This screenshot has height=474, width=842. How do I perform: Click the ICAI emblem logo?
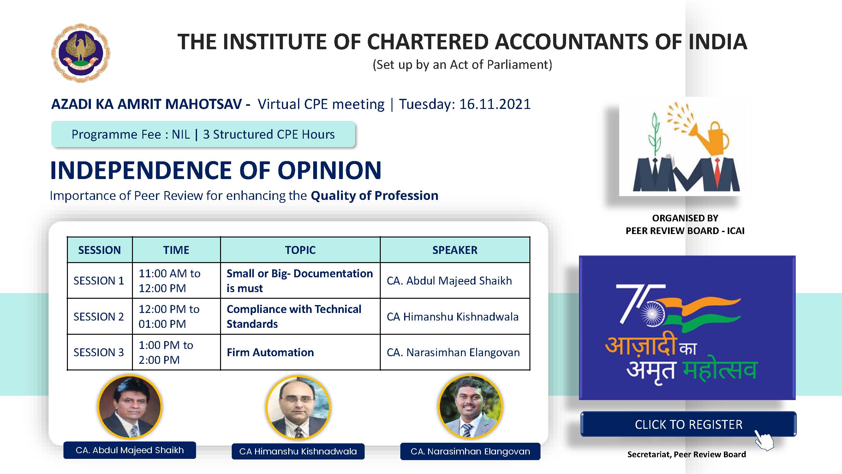click(x=81, y=53)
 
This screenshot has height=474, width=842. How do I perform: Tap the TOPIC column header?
click(x=300, y=250)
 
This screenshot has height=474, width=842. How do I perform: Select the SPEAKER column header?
click(x=455, y=250)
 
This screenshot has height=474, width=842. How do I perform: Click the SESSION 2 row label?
click(x=99, y=316)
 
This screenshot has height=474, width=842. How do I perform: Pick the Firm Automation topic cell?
click(x=300, y=352)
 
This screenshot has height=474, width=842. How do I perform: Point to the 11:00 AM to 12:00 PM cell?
click(x=176, y=280)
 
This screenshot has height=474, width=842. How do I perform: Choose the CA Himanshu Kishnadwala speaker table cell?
click(x=455, y=316)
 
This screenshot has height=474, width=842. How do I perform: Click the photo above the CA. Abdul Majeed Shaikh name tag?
click(x=130, y=407)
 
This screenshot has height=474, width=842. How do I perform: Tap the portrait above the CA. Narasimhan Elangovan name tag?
click(x=470, y=407)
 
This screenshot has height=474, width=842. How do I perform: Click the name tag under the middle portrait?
click(x=298, y=452)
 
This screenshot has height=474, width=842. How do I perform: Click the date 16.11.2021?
click(x=495, y=104)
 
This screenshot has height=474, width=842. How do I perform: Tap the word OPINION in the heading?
click(x=330, y=170)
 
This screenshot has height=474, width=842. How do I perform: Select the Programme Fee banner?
click(x=203, y=134)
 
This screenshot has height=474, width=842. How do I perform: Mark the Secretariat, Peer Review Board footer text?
click(x=687, y=454)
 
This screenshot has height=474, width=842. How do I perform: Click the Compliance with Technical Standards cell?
click(x=300, y=316)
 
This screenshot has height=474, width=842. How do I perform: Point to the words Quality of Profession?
click(x=374, y=195)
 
